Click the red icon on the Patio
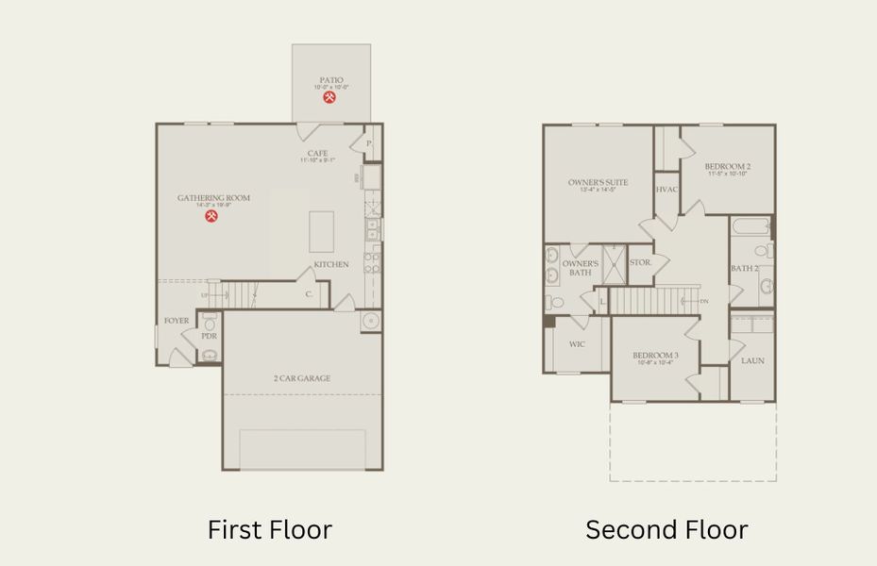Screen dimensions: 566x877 click(x=329, y=97)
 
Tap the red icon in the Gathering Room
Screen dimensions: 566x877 click(x=212, y=216)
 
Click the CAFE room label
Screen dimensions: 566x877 click(x=317, y=154)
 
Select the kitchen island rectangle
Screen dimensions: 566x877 click(x=321, y=231)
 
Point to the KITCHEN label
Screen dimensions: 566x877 click(x=331, y=265)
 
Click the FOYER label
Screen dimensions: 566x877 click(x=177, y=321)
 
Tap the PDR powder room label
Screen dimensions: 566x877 click(x=209, y=336)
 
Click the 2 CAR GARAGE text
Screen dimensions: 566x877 click(x=302, y=378)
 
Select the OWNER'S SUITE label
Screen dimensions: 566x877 click(x=598, y=182)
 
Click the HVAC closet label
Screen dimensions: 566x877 click(x=666, y=190)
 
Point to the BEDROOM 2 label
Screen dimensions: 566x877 click(x=727, y=167)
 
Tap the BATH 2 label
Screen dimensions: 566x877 click(x=744, y=269)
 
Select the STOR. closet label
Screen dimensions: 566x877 click(x=640, y=263)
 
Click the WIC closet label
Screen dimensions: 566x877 click(x=577, y=344)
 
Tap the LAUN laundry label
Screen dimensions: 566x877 click(x=752, y=360)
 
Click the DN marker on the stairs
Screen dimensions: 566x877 click(x=703, y=302)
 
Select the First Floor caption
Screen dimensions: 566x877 click(x=270, y=529)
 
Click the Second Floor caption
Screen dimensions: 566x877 click(x=666, y=529)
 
